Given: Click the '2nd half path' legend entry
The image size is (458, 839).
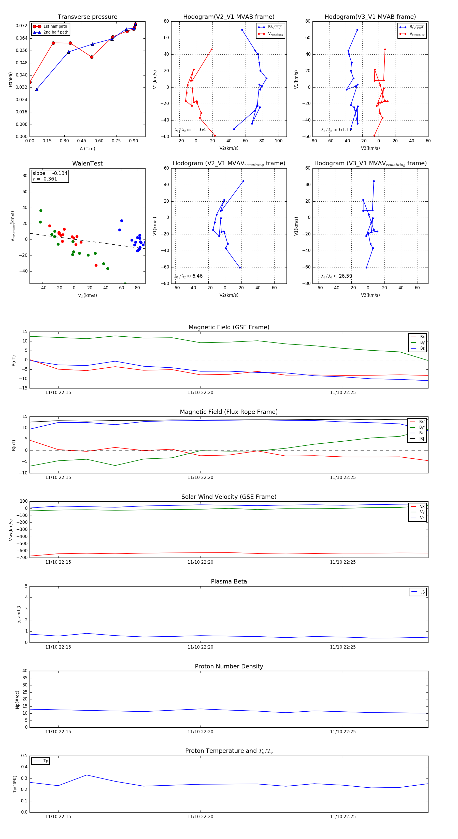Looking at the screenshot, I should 56,32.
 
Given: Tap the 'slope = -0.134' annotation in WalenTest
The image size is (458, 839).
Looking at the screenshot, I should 50,173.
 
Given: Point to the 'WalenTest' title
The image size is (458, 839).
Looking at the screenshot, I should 87,163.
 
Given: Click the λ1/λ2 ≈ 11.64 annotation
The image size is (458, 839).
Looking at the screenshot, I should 190,130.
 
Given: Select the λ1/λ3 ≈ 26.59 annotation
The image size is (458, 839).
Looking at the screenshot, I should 336,276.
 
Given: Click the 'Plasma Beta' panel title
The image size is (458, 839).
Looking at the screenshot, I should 229,581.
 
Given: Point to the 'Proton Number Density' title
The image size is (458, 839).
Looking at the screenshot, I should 229,666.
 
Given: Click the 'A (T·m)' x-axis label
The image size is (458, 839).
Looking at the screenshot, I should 87,149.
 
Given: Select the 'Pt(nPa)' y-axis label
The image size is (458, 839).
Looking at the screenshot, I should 10,80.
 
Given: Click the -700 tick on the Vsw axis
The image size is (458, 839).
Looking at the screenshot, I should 23,558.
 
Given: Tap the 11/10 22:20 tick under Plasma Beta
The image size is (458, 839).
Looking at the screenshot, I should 200,647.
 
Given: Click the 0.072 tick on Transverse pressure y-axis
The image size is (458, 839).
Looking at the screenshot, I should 22,26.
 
